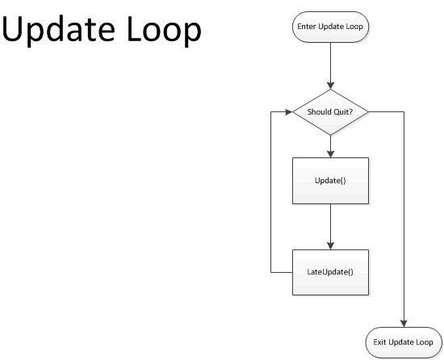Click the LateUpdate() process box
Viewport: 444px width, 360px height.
(x=331, y=272)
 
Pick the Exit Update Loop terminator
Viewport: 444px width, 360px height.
(x=404, y=342)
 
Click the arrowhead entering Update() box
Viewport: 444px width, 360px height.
(x=331, y=153)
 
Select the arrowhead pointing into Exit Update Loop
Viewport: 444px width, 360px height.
(x=404, y=322)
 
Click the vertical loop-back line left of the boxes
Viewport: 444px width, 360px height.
(x=270, y=194)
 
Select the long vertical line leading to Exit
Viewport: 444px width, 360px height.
(x=404, y=218)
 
